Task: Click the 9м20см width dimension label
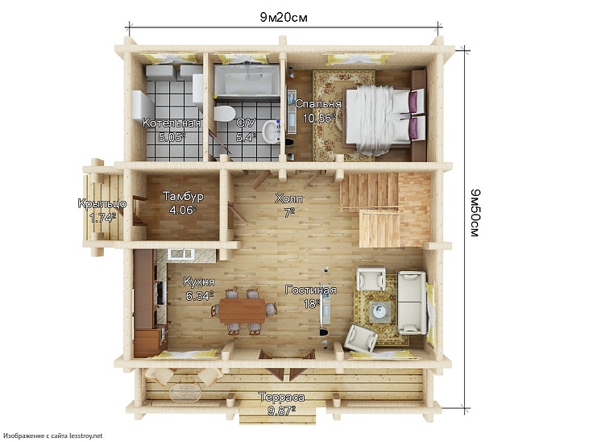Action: [284, 17]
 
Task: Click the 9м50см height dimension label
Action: [475, 213]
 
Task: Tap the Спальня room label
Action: [318, 104]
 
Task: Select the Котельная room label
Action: [172, 123]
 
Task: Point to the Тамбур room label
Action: [184, 196]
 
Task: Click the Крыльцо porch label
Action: [102, 203]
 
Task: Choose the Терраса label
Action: [282, 398]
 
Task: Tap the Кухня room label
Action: [199, 281]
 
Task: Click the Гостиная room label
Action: [311, 290]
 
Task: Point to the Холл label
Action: [289, 198]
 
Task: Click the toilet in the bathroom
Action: [224, 113]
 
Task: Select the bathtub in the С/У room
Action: [247, 80]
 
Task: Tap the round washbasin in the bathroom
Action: [271, 131]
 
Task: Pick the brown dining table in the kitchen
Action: [243, 311]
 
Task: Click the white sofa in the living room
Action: [412, 302]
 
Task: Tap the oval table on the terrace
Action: [185, 392]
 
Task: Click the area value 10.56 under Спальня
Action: [318, 118]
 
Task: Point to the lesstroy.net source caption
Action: [54, 436]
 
